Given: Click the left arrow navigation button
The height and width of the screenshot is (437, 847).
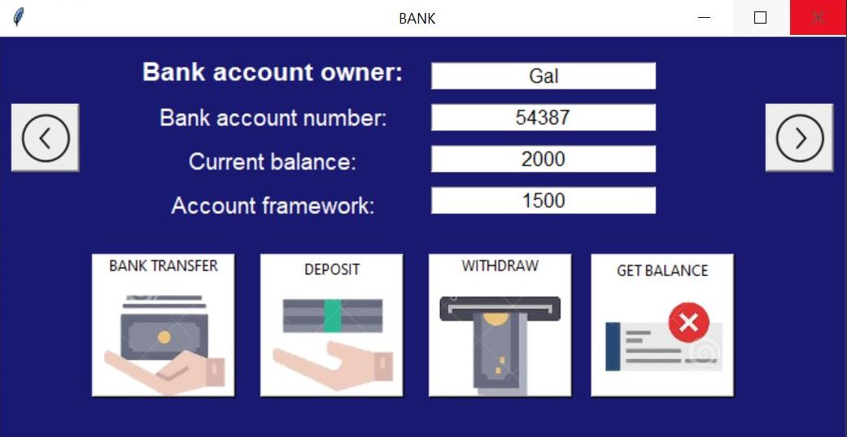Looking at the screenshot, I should pyautogui.click(x=45, y=138).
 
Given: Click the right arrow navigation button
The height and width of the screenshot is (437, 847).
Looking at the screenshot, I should pyautogui.click(x=800, y=138).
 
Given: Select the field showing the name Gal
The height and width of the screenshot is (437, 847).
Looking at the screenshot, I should pyautogui.click(x=543, y=76).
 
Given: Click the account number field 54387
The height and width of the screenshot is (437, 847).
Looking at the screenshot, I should pyautogui.click(x=543, y=117).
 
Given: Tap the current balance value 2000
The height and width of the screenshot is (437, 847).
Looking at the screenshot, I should pyautogui.click(x=543, y=159).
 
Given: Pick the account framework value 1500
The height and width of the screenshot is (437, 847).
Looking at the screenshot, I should pyautogui.click(x=543, y=200).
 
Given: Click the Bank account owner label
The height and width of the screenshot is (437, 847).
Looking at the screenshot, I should pyautogui.click(x=273, y=72).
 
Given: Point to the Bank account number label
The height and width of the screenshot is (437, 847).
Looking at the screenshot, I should pyautogui.click(x=273, y=118).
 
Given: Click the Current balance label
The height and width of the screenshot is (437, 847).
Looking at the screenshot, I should pyautogui.click(x=273, y=161).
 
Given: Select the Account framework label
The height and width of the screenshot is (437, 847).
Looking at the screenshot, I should pyautogui.click(x=273, y=205).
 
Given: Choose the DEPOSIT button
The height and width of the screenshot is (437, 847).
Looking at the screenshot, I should pyautogui.click(x=331, y=325).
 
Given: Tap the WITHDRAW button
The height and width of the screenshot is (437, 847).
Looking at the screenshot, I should pyautogui.click(x=500, y=325).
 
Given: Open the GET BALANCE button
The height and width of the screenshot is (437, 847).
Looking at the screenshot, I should pyautogui.click(x=661, y=325).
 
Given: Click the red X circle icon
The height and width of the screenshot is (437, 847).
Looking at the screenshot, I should pyautogui.click(x=688, y=323).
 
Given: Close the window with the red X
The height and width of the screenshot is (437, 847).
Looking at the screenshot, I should pyautogui.click(x=818, y=18).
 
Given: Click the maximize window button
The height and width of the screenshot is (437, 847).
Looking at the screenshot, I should pyautogui.click(x=761, y=18).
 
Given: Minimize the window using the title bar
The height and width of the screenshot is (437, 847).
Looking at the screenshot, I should pyautogui.click(x=705, y=18).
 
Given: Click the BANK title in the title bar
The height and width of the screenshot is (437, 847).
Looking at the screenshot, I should pyautogui.click(x=417, y=18).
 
